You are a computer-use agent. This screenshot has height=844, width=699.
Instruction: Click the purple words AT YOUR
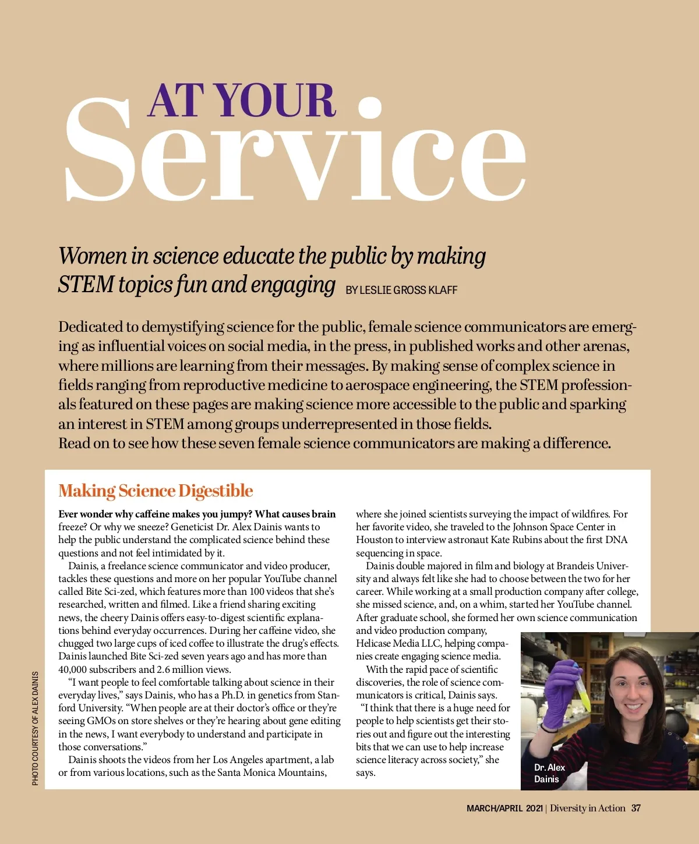pyautogui.click(x=242, y=100)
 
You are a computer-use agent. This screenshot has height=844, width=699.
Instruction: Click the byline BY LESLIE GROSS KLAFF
pyautogui.click(x=401, y=290)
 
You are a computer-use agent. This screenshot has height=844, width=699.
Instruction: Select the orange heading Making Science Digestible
pyautogui.click(x=156, y=491)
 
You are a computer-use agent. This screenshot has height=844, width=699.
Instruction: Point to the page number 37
pyautogui.click(x=636, y=808)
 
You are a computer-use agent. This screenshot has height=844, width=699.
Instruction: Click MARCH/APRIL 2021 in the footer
pyautogui.click(x=504, y=808)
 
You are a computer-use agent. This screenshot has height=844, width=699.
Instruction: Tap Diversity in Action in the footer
pyautogui.click(x=587, y=808)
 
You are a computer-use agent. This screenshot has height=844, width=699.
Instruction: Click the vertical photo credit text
pyautogui.click(x=36, y=728)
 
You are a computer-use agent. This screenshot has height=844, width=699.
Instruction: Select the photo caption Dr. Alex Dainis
pyautogui.click(x=549, y=773)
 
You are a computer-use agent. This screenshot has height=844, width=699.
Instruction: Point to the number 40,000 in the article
pyautogui.click(x=72, y=669)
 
